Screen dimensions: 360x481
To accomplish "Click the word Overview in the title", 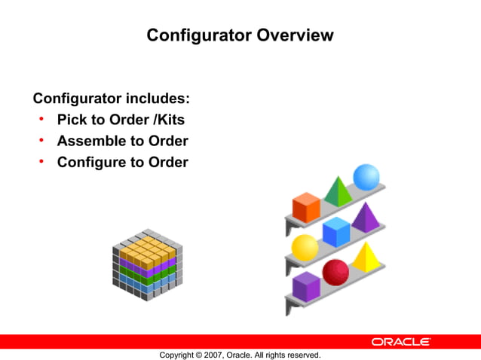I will click(295, 35).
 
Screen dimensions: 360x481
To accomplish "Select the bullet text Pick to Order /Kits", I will click(121, 120).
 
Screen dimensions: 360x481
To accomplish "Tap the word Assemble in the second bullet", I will click(90, 141).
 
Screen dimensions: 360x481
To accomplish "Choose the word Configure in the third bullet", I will click(92, 162).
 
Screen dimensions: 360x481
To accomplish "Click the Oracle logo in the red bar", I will click(400, 341).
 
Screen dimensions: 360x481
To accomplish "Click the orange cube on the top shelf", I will click(306, 206).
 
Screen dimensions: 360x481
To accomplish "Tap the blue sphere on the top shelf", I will click(366, 177).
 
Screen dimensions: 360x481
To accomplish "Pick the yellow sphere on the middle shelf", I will click(305, 247).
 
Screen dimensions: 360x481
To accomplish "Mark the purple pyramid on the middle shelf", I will click(366, 218).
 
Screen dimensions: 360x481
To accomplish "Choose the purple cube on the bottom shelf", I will click(306, 285).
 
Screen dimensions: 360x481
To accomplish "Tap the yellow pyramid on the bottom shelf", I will click(366, 258).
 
